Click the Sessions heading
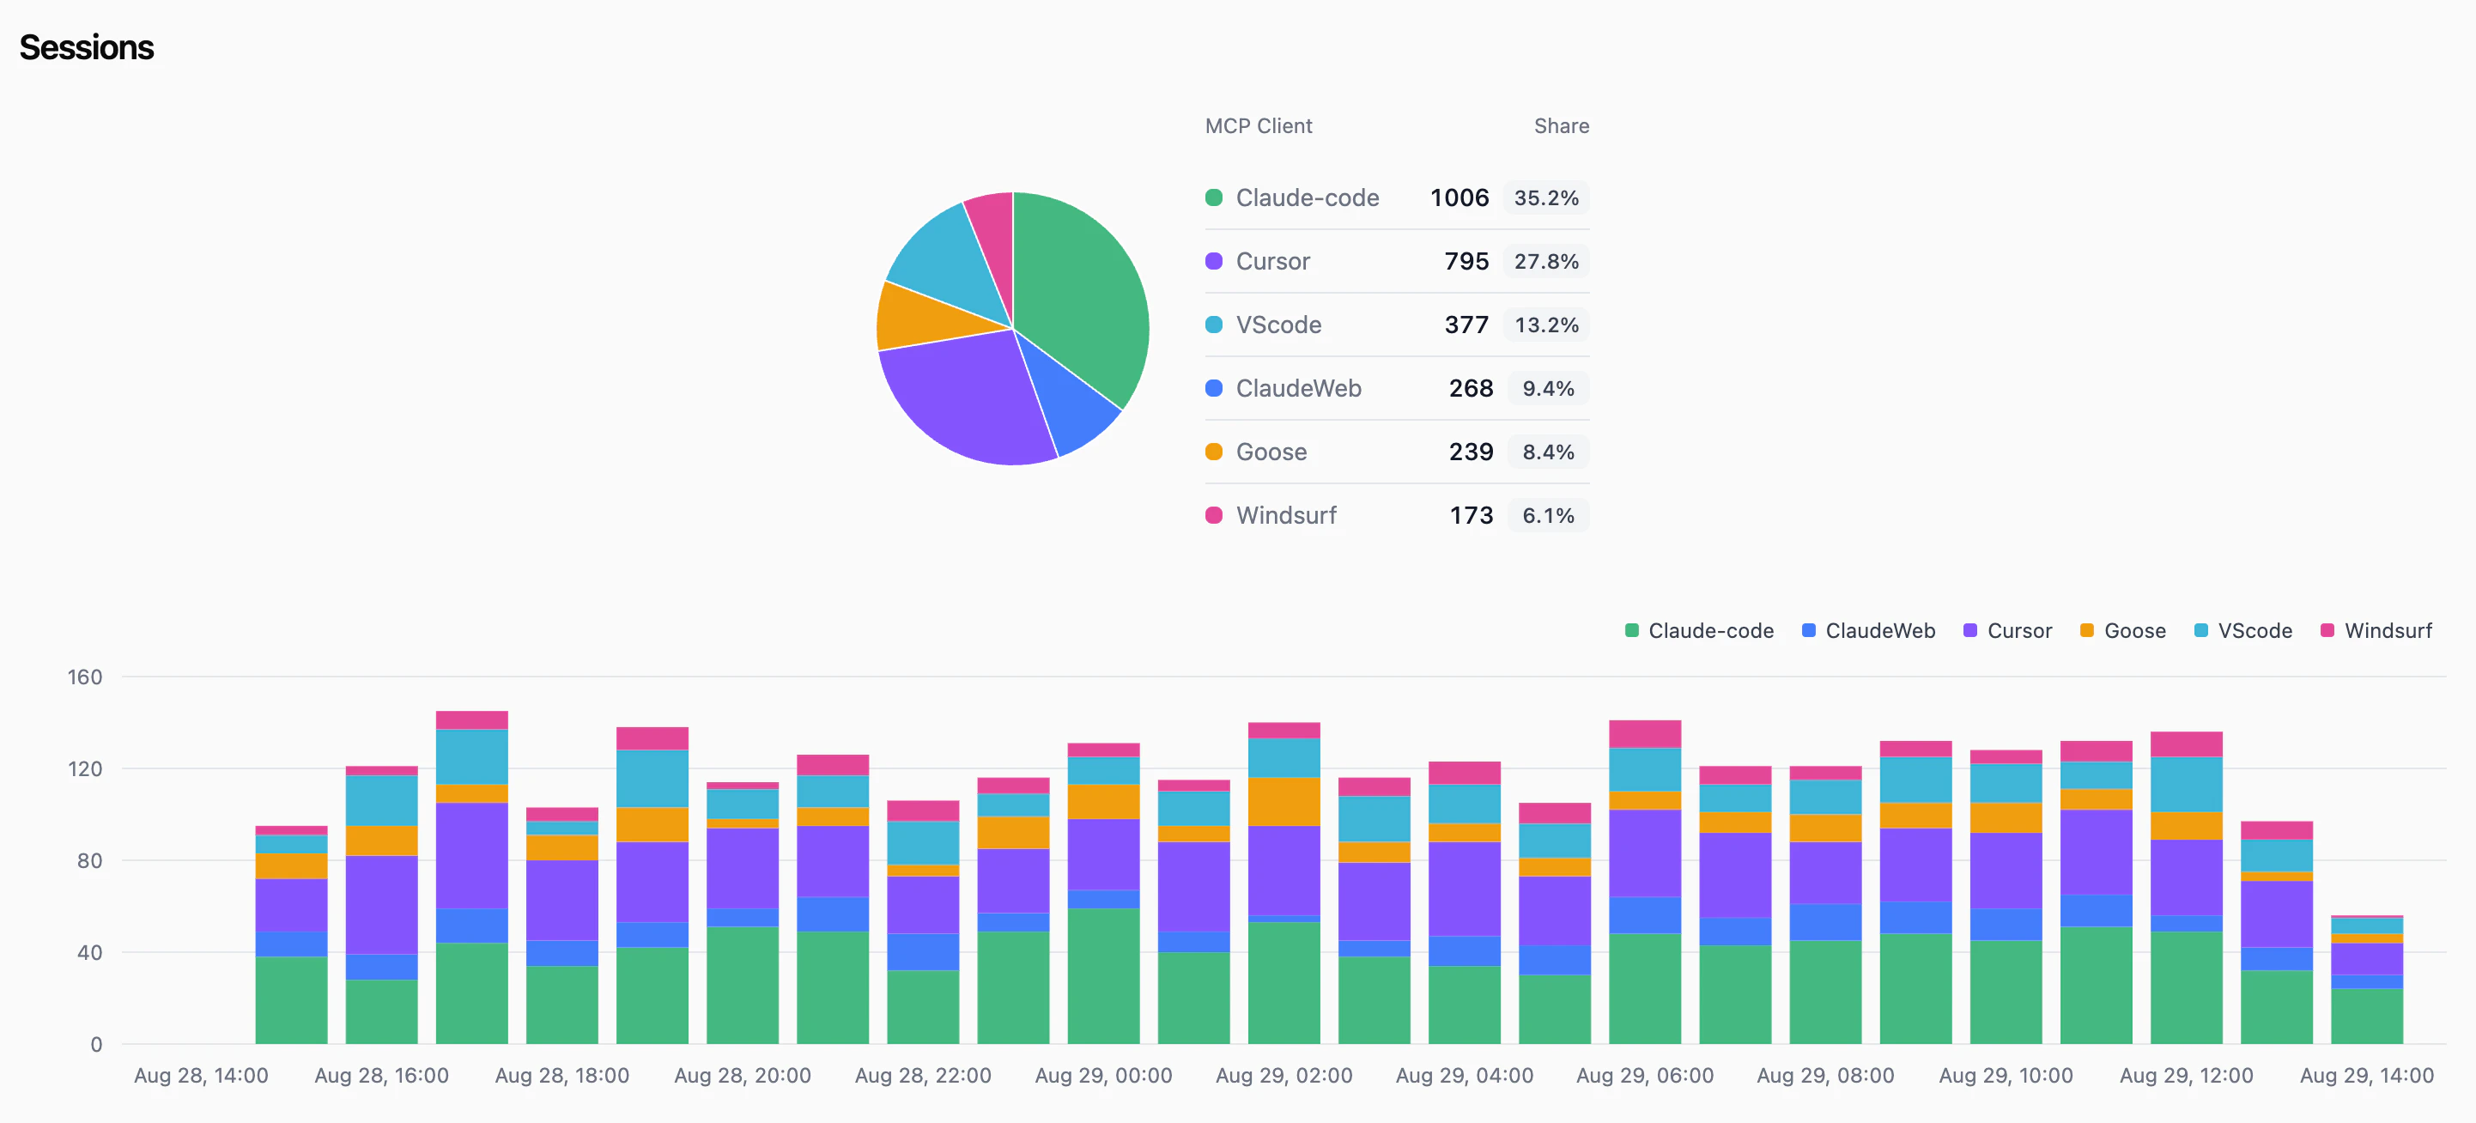(x=87, y=47)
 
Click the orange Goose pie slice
(x=913, y=318)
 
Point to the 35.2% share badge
(x=1545, y=198)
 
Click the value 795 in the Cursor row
(x=1466, y=262)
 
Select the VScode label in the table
(x=1278, y=325)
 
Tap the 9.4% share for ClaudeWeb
(x=1547, y=388)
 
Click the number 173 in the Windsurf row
(x=1471, y=515)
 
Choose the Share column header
(x=1561, y=126)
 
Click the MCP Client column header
(x=1259, y=126)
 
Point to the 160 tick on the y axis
(x=85, y=677)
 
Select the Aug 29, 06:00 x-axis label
(x=1645, y=1075)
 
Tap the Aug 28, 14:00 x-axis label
(x=201, y=1075)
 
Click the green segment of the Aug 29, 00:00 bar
(x=1103, y=976)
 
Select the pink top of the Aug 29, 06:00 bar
(x=1645, y=733)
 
